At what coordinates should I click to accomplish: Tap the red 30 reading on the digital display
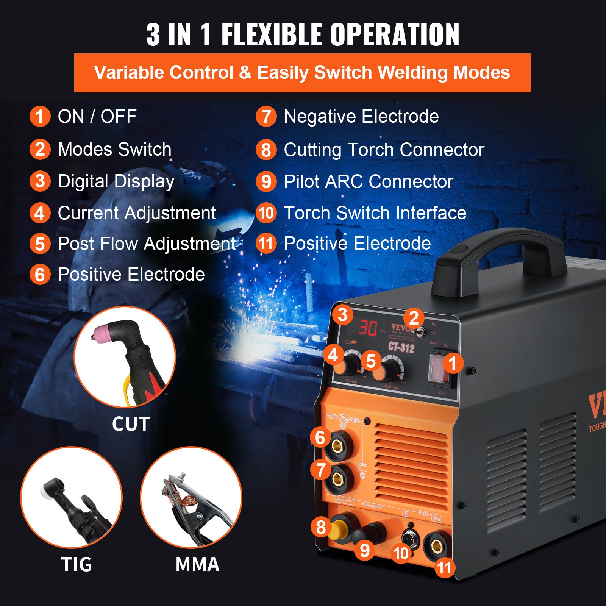point(368,328)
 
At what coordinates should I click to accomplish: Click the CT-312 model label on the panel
point(401,347)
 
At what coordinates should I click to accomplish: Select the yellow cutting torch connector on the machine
point(338,529)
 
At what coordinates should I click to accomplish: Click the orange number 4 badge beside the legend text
point(40,213)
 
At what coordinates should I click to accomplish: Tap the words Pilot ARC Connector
point(368,181)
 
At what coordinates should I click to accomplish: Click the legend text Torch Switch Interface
point(375,213)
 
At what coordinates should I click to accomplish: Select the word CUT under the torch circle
point(131,424)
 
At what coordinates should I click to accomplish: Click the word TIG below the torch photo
point(77,564)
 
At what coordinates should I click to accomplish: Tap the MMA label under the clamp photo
point(197,564)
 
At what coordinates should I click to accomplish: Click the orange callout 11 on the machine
point(444,568)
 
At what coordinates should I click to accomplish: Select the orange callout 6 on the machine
point(320,437)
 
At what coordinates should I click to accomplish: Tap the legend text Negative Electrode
point(361,116)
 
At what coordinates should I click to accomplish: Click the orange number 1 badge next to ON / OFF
point(40,116)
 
